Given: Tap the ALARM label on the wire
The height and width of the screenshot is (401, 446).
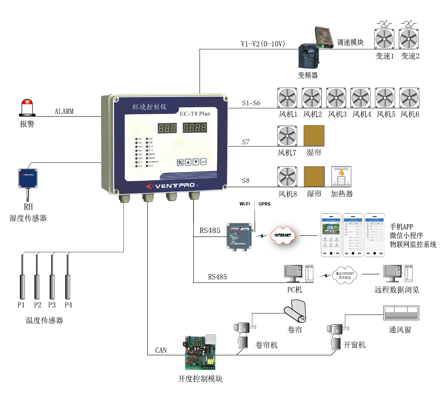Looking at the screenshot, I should click(64, 111).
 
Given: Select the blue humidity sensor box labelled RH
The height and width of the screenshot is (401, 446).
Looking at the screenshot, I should click(28, 178).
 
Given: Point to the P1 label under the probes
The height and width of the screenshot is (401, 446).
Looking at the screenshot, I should click(21, 305).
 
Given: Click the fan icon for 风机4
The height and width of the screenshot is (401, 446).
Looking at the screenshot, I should click(361, 98).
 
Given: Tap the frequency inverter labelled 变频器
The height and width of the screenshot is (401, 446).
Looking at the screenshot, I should click(309, 56).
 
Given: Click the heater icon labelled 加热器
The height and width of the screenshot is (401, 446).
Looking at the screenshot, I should click(341, 177).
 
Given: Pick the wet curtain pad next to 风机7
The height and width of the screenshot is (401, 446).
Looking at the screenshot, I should click(314, 135).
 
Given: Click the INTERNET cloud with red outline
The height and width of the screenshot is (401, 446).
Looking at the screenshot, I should click(283, 235).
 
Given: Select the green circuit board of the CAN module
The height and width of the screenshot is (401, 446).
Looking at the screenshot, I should click(200, 353).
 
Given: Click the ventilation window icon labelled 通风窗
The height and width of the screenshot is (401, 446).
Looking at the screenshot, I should click(401, 313).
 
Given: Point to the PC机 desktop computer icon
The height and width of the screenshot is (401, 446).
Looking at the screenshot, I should click(293, 273).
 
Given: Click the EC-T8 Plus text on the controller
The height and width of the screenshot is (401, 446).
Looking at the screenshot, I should click(195, 114).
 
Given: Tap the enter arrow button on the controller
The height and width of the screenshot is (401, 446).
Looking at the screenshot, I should click(204, 162).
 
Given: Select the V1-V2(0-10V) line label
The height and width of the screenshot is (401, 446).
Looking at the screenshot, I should click(263, 44).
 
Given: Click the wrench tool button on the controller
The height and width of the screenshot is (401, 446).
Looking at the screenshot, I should click(180, 162).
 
